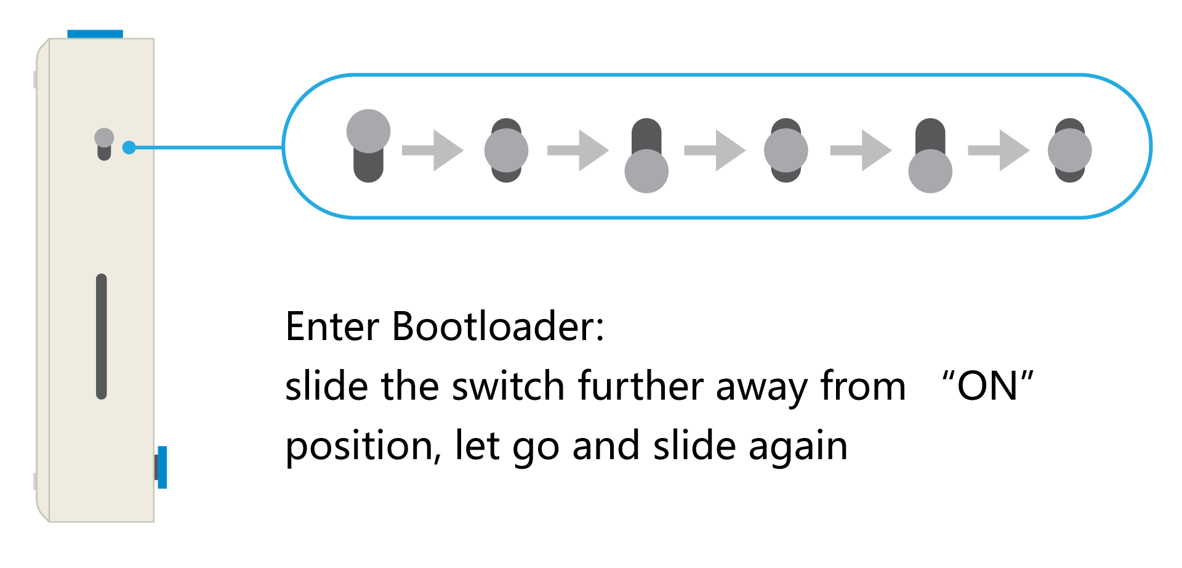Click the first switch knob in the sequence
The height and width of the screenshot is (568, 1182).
368,131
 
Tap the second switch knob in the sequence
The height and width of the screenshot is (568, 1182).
506,150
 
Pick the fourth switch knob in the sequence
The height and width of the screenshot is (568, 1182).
786,150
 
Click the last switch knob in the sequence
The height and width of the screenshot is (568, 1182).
1070,150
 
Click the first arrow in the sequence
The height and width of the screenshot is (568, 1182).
433,150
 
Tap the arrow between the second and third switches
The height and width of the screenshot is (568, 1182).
577,150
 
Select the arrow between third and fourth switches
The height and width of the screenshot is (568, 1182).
715,150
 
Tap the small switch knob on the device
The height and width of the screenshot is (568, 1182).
104,137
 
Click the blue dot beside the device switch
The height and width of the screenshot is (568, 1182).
129,148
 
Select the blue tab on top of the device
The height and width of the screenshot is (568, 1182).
95,34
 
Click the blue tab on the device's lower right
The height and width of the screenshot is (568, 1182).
162,468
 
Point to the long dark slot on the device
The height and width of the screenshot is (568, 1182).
102,336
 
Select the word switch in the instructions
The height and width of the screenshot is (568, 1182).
508,387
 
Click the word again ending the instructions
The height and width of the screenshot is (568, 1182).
798,446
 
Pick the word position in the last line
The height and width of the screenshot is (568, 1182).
360,446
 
